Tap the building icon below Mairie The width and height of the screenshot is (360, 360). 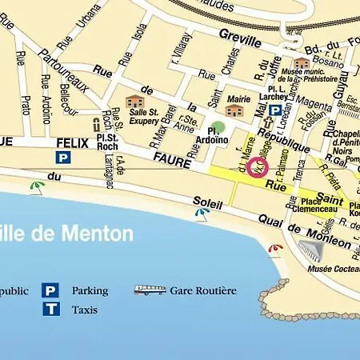pyautogui.click(x=234, y=110)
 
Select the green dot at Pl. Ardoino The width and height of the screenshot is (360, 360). pyautogui.click(x=218, y=126)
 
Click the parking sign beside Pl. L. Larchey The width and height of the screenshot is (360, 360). pyautogui.click(x=274, y=110)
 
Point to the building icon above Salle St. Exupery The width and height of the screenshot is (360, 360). pyautogui.click(x=134, y=102)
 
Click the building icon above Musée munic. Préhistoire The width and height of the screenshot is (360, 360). pyautogui.click(x=302, y=62)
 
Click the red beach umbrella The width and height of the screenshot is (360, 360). pyautogui.click(x=275, y=249)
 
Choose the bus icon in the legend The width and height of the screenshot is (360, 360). pyautogui.click(x=150, y=290)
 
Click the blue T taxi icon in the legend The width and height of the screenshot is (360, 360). pyautogui.click(x=50, y=308)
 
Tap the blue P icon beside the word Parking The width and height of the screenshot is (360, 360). pyautogui.click(x=50, y=290)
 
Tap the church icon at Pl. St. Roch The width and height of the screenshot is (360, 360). pyautogui.click(x=97, y=126)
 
